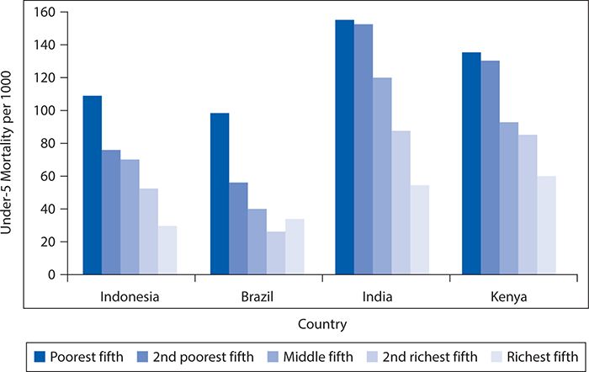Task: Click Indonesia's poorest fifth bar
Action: click(92, 185)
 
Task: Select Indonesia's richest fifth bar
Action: click(167, 250)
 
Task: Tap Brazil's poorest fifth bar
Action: click(220, 194)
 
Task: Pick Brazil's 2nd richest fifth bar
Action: click(276, 252)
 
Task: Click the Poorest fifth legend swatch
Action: click(39, 356)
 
